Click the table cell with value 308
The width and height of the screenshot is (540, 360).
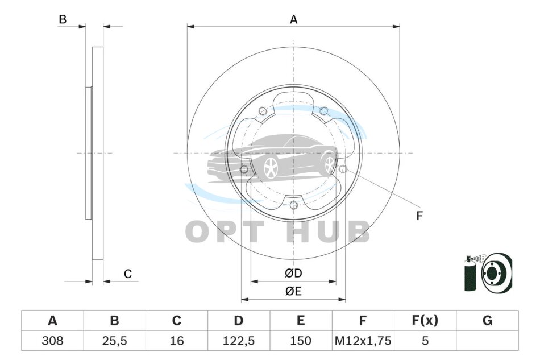pos(52,341)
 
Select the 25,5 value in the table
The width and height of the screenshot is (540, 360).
pos(114,341)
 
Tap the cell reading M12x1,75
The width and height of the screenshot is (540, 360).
pos(363,341)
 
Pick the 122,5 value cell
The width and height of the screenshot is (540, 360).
pos(239,341)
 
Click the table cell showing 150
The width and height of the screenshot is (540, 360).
pos(301,341)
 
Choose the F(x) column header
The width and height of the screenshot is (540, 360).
pos(425,321)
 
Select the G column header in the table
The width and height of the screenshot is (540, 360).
pos(487,321)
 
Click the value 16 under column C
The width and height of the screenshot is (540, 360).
pos(176,341)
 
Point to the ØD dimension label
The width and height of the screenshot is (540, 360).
pos(293,273)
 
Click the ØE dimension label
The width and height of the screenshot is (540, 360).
pos(293,291)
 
